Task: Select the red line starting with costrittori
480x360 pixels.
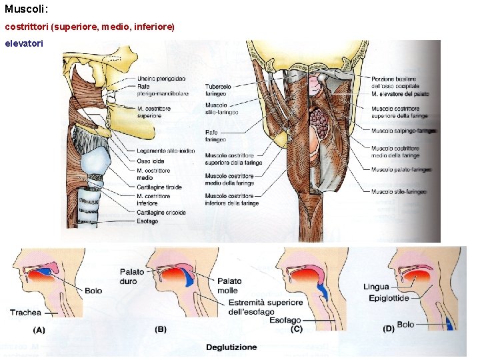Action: [x=89, y=27]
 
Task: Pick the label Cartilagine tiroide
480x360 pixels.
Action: [x=160, y=187]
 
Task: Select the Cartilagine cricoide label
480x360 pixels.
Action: [x=161, y=213]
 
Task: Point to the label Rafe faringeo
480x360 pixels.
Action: [x=215, y=136]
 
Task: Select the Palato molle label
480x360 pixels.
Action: [x=229, y=285]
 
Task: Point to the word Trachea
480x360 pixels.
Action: [x=25, y=312]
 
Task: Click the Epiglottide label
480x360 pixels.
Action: [x=389, y=298]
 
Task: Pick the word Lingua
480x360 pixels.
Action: [x=376, y=287]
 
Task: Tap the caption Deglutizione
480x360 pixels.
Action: [x=231, y=347]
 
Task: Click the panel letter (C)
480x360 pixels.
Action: [x=297, y=329]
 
